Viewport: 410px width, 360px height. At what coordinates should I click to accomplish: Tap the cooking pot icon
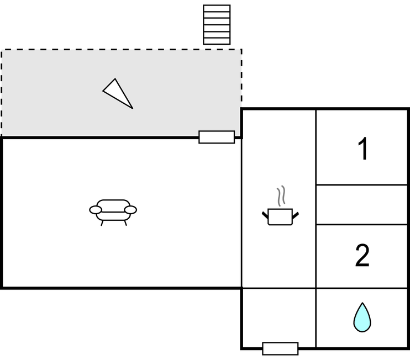[x=280, y=216]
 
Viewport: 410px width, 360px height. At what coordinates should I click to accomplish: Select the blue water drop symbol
[x=362, y=317]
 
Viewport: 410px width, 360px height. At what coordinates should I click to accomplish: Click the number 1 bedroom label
[x=362, y=149]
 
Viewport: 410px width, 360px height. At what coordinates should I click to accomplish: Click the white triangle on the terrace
[x=118, y=93]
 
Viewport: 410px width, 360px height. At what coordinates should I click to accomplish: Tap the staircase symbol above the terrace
[x=217, y=24]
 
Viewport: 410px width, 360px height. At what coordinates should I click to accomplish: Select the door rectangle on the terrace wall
[x=217, y=137]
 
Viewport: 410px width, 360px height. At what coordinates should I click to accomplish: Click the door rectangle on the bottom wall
[x=280, y=348]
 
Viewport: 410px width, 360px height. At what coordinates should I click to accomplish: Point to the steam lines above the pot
[x=281, y=196]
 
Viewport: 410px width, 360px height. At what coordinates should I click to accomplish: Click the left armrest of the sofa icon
[x=96, y=210]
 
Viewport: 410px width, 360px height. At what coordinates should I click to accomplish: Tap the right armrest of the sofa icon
[x=130, y=210]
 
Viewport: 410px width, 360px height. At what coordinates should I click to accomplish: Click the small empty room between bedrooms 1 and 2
[x=361, y=204]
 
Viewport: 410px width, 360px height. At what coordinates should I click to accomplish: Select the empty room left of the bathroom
[x=279, y=318]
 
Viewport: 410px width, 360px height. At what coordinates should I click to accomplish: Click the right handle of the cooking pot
[x=295, y=216]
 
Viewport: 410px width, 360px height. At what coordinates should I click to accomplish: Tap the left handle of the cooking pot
[x=265, y=216]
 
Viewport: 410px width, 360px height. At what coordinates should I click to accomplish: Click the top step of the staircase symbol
[x=217, y=8]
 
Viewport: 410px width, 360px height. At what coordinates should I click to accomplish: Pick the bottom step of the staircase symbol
[x=217, y=41]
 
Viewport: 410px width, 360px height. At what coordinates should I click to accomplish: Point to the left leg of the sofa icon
[x=102, y=223]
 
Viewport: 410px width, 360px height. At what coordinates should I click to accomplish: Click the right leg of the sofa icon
[x=125, y=223]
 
